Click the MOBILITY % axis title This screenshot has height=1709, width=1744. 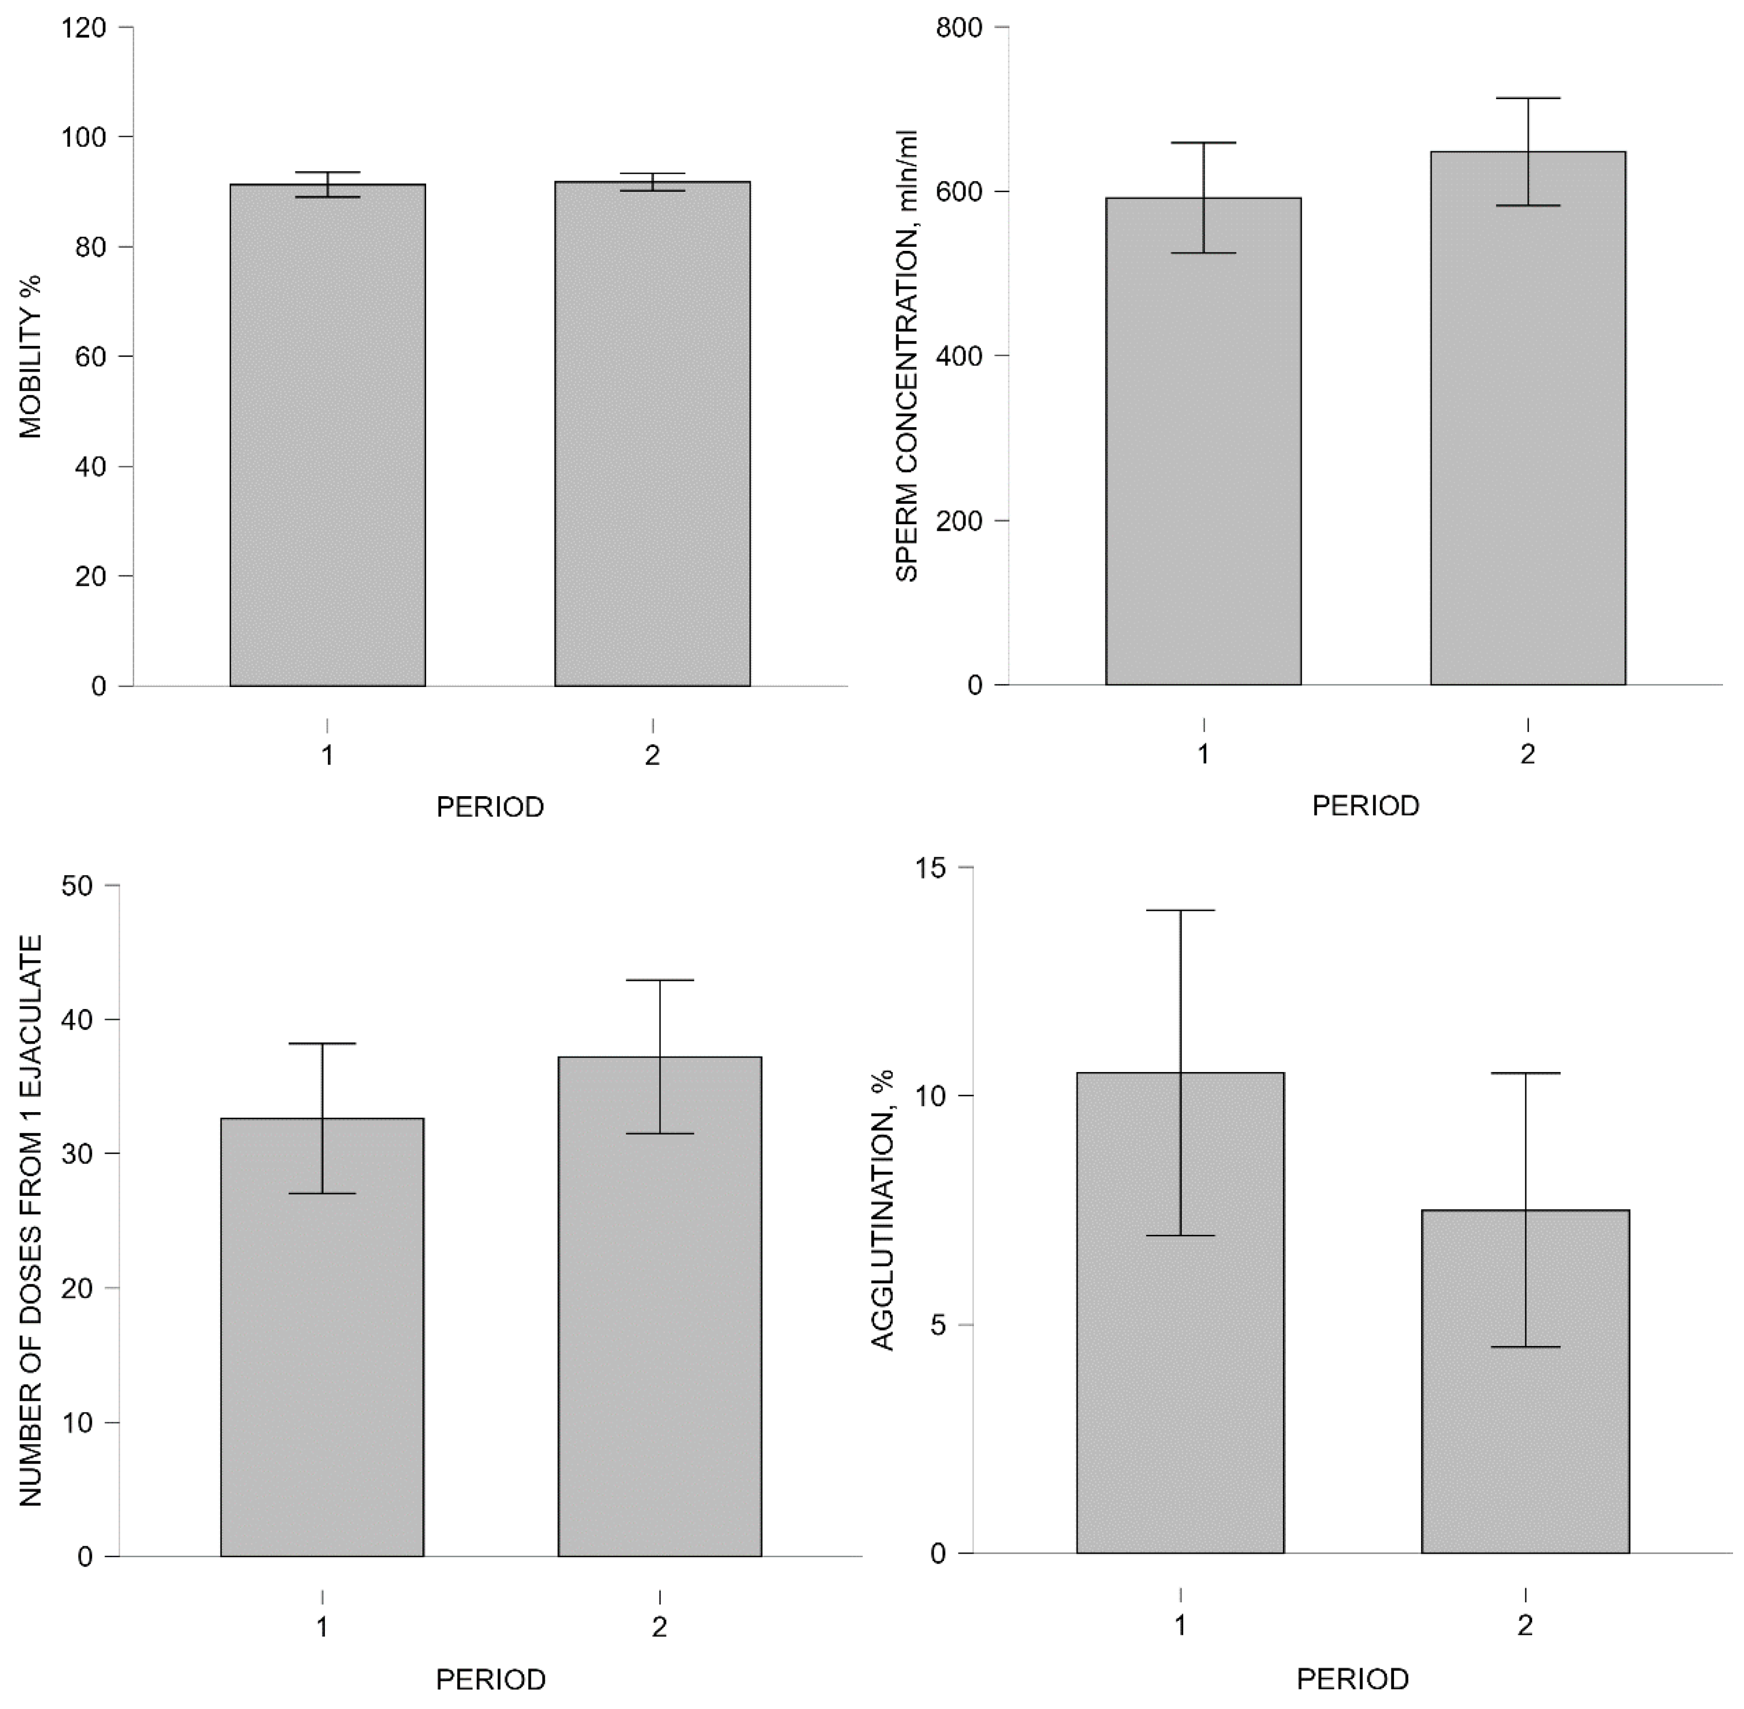tap(32, 357)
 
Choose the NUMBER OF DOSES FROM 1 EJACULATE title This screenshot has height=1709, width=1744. tap(32, 1221)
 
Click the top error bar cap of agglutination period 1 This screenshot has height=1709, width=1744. tap(1180, 910)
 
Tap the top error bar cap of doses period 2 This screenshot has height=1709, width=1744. tap(660, 980)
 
